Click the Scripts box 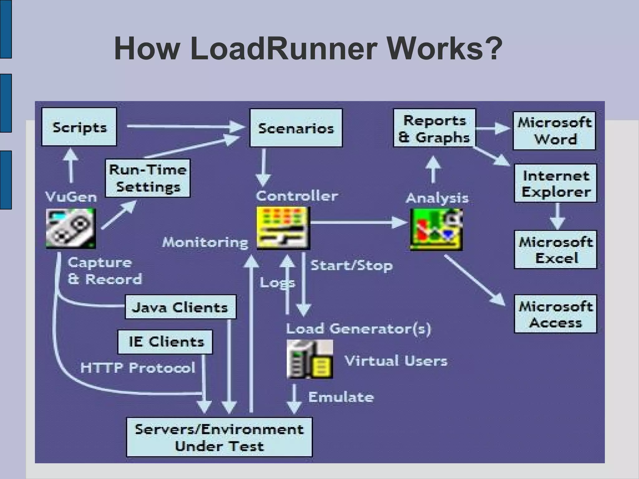tap(79, 127)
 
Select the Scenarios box tap(296, 128)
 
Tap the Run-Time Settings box tap(148, 178)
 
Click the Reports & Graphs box tap(434, 128)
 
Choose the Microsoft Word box tap(554, 131)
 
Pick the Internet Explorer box tap(555, 183)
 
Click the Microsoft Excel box tap(555, 249)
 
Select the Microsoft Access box tap(555, 314)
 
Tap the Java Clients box tap(180, 307)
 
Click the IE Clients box tap(165, 342)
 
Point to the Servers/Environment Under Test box tap(219, 437)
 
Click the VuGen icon tap(71, 228)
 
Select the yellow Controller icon tap(283, 228)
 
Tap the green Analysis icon tap(436, 230)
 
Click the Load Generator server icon tap(310, 359)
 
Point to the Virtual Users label tap(396, 361)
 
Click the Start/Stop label tap(351, 266)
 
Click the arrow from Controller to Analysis tap(359, 222)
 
